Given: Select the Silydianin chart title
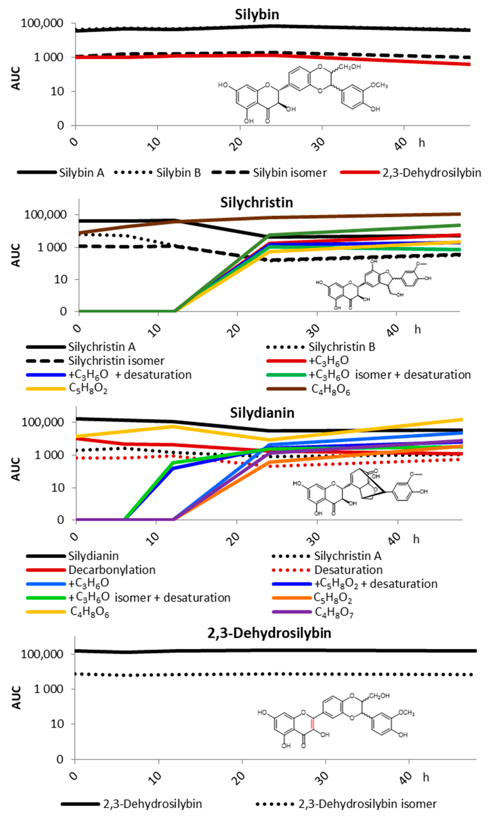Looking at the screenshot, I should pyautogui.click(x=262, y=413).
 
